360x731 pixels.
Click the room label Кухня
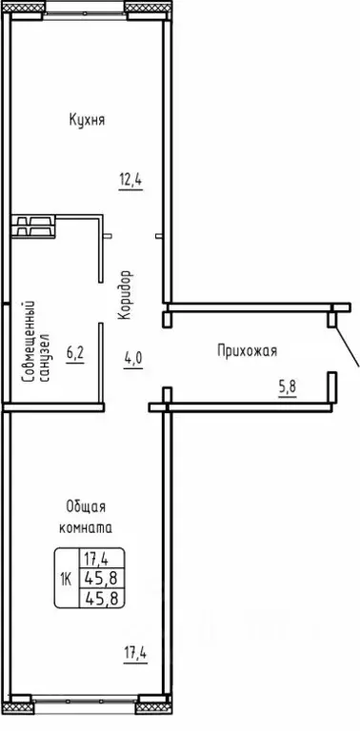click(x=87, y=121)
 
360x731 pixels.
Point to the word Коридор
click(x=127, y=296)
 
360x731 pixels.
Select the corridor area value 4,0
click(x=132, y=359)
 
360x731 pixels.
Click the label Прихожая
click(x=246, y=350)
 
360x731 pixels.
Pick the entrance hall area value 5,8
click(x=286, y=387)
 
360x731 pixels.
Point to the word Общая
click(x=86, y=506)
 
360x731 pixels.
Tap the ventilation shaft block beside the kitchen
click(x=34, y=226)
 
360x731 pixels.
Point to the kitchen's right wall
click(x=169, y=152)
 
